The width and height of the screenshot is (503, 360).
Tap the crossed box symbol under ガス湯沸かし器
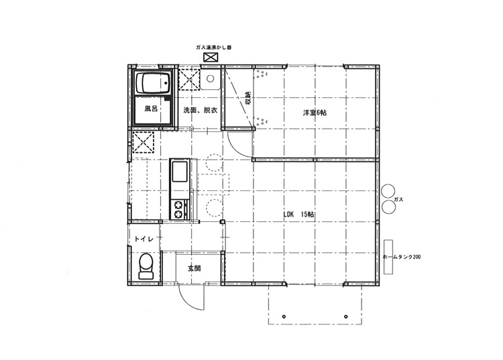pyautogui.click(x=211, y=58)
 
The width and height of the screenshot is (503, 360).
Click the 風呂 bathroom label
pyautogui.click(x=150, y=108)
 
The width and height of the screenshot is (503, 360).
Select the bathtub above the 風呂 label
pyautogui.click(x=154, y=85)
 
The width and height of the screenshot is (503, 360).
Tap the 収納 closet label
pyautogui.click(x=247, y=99)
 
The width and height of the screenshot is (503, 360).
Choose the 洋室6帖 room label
pyautogui.click(x=313, y=113)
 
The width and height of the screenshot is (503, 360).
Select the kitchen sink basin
pyautogui.click(x=180, y=174)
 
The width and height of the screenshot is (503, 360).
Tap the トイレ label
pyautogui.click(x=144, y=239)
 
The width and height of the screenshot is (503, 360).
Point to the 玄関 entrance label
pyautogui.click(x=194, y=267)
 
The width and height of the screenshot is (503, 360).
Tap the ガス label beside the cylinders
pyautogui.click(x=398, y=200)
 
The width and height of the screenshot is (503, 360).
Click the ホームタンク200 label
pyautogui.click(x=402, y=257)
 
